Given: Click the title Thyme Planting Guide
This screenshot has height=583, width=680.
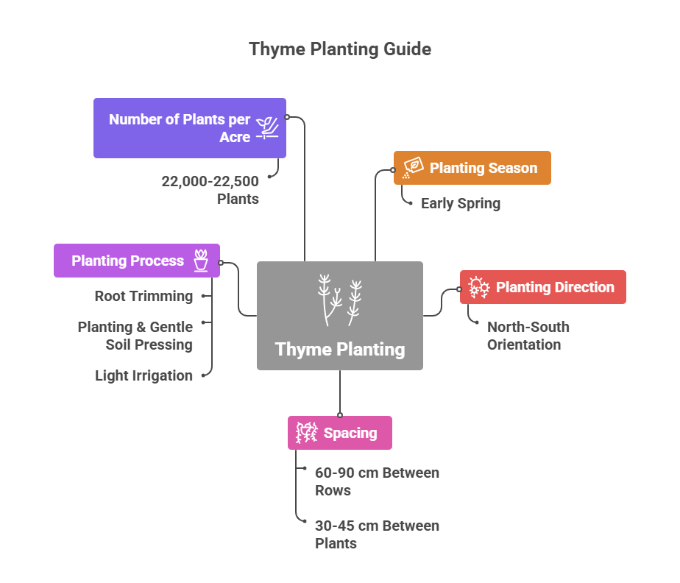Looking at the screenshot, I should pos(340,49).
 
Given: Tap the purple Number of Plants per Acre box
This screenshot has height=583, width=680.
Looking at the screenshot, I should pos(189,128).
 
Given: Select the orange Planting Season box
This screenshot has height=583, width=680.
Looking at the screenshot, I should pos(472,168).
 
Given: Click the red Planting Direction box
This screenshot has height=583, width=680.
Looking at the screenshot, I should pos(542,287).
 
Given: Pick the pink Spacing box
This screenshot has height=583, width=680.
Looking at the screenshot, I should pos(339,433).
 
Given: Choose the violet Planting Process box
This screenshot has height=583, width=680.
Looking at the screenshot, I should pos(136,261).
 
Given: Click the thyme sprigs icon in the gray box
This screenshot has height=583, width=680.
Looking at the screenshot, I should pos(340,300).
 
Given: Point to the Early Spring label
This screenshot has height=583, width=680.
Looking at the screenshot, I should pos(460,203).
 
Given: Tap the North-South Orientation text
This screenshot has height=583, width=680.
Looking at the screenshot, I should pos(528,336).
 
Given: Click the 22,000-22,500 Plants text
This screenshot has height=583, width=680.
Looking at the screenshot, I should pos(210,190).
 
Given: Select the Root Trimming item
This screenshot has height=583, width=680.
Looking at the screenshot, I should pos(144,296).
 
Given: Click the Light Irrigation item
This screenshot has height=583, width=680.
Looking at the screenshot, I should pos(144,375).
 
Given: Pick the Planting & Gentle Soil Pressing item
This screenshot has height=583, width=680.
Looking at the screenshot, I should pos(135,336).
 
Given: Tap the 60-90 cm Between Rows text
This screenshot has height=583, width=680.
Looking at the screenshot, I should pos(377,481).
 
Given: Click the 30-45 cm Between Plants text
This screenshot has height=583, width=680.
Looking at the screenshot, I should pos(377,534).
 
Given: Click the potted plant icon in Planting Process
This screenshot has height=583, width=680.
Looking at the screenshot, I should pos(201,261).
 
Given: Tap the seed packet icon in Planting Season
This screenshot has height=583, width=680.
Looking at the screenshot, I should pos(412,168).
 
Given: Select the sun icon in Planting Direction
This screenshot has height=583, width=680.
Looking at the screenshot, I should pos(479,287).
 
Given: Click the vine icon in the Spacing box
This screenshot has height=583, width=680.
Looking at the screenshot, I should pos(306,433).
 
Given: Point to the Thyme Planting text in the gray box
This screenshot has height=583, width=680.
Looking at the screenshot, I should pos(340,349).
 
